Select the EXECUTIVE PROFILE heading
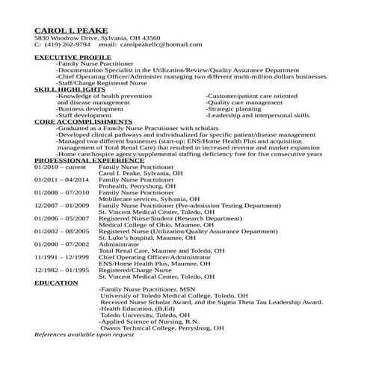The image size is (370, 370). tap(73, 57)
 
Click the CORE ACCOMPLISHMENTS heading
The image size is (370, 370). tap(83, 121)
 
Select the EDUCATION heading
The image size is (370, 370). tap(56, 283)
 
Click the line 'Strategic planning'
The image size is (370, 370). tap(235, 108)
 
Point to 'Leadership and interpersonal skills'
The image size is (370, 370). tap(258, 115)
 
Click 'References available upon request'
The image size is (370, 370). tap(84, 334)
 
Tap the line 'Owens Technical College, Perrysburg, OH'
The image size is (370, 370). tap(161, 327)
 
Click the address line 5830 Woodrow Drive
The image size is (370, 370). tap(97, 37)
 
